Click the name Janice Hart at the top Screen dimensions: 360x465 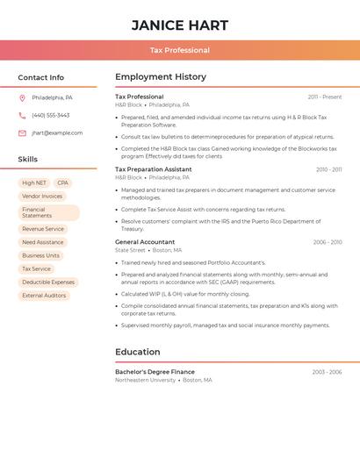click(180, 25)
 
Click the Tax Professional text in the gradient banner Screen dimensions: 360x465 click(180, 50)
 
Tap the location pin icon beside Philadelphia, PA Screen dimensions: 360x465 click(22, 97)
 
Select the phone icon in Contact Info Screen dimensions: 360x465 click(22, 115)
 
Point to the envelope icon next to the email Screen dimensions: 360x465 click(22, 133)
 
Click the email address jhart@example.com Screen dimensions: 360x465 click(57, 133)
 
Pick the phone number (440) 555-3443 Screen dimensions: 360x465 click(50, 115)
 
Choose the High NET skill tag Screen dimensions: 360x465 click(34, 183)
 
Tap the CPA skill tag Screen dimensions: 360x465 click(62, 183)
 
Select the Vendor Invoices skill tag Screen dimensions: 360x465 click(42, 197)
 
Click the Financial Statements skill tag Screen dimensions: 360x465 click(48, 212)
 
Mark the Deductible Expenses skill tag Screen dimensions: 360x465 click(48, 283)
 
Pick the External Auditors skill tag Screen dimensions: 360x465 click(44, 296)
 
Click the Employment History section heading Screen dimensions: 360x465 click(161, 77)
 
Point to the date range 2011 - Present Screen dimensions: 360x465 click(325, 97)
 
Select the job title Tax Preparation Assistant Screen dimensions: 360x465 click(153, 169)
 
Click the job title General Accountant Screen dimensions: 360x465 click(145, 242)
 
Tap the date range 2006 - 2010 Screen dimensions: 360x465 click(328, 242)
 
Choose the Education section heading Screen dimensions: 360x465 click(138, 352)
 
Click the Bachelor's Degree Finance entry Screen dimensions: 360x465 click(155, 372)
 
